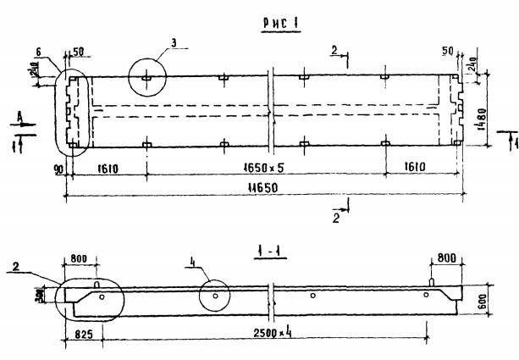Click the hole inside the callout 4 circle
click(218, 296)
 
